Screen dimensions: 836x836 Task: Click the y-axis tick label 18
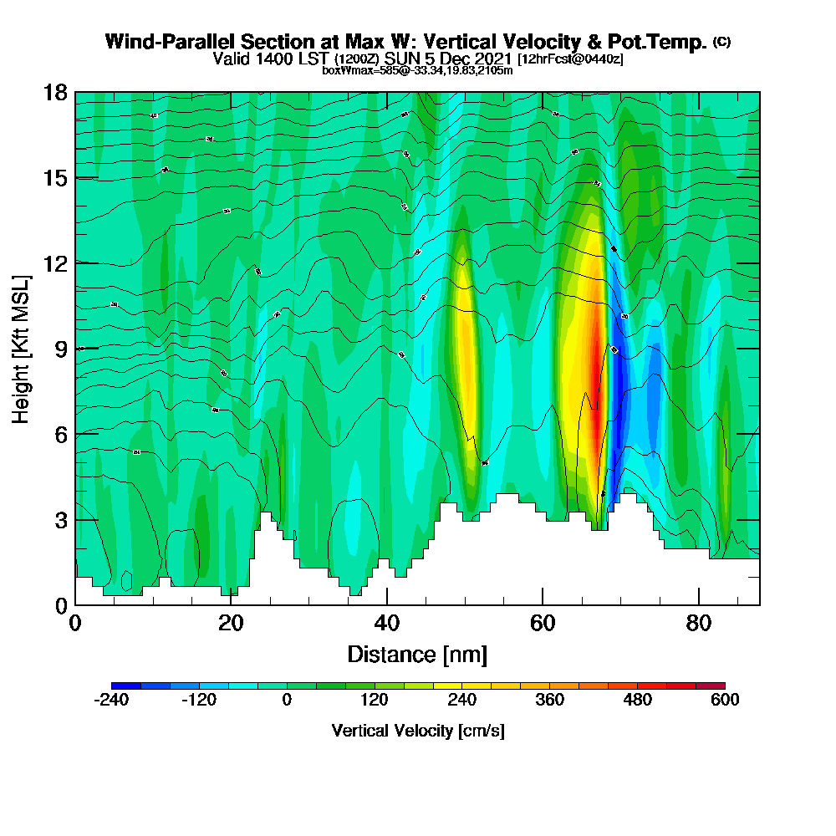click(55, 93)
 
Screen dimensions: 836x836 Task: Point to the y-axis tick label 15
click(55, 178)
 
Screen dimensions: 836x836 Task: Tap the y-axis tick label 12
click(55, 263)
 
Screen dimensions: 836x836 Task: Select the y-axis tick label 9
click(61, 349)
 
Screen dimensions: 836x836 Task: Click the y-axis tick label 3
click(61, 520)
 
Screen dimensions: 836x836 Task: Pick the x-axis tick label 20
click(231, 623)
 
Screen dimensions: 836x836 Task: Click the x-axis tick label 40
click(386, 623)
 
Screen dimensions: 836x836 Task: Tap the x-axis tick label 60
click(543, 623)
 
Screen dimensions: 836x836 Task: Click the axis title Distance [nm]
click(417, 654)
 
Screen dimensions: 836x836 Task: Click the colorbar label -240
click(111, 701)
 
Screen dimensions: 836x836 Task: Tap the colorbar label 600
click(725, 701)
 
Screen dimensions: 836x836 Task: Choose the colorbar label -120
click(199, 701)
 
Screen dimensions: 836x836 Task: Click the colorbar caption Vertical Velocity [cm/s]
click(418, 731)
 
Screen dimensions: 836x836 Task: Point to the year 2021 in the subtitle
click(491, 59)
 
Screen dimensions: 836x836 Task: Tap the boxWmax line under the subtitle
click(417, 70)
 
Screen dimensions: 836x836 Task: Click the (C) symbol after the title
click(721, 42)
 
